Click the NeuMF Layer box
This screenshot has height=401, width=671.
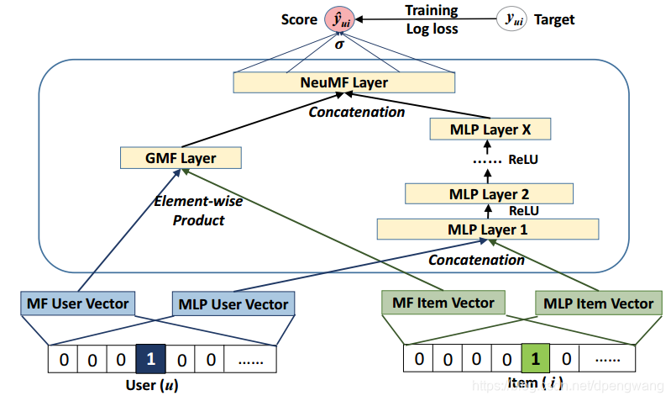click(344, 82)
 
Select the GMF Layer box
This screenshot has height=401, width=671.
click(181, 158)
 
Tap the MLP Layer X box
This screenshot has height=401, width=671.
click(490, 129)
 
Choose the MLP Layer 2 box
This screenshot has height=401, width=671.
click(489, 193)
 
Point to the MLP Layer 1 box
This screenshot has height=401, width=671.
click(487, 230)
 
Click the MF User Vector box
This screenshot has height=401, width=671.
click(78, 303)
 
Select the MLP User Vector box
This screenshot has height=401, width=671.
click(233, 303)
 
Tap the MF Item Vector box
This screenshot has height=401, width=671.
click(443, 303)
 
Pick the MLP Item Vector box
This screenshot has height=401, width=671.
click(598, 303)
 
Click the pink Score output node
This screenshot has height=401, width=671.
click(339, 19)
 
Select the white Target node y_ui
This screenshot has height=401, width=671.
click(511, 18)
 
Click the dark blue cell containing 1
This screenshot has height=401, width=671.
click(150, 359)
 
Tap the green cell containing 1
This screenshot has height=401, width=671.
click(535, 358)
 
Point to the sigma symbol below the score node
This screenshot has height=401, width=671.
click(339, 44)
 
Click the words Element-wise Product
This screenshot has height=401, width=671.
click(198, 210)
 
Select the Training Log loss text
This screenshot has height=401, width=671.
click(432, 19)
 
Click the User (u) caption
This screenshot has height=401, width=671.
click(152, 385)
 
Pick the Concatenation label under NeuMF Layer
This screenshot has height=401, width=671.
click(357, 112)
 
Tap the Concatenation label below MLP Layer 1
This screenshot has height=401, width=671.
click(476, 260)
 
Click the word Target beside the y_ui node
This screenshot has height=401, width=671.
click(554, 19)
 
